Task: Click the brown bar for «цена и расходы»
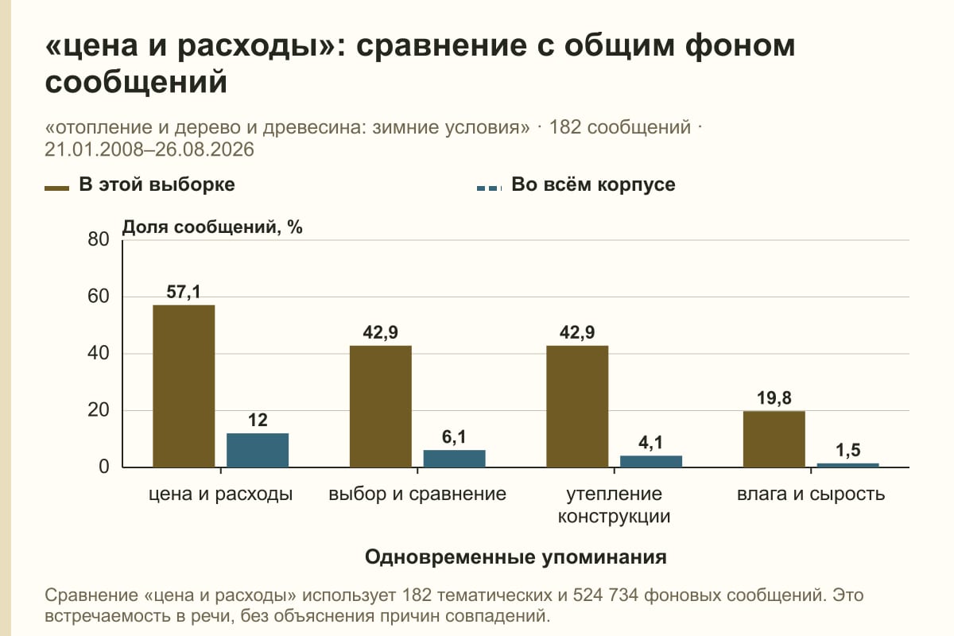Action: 184,386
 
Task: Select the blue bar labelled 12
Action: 258,450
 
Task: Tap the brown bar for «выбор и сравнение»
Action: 380,406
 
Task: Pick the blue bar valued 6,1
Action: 454,459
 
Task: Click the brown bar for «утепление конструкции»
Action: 577,406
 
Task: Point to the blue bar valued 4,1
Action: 651,461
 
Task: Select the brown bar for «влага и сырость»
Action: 774,439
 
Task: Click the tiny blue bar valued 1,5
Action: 847,465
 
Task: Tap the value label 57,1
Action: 184,293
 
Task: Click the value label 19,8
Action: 774,398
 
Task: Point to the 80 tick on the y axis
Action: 99,239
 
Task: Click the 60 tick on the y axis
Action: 99,297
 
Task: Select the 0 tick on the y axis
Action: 104,467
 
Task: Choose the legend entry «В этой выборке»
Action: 140,185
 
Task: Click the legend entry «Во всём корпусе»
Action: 576,185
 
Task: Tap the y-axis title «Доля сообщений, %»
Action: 212,227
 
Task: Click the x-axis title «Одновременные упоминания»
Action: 515,557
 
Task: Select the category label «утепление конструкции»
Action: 614,505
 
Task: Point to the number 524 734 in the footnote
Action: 605,595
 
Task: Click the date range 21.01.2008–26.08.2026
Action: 149,149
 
